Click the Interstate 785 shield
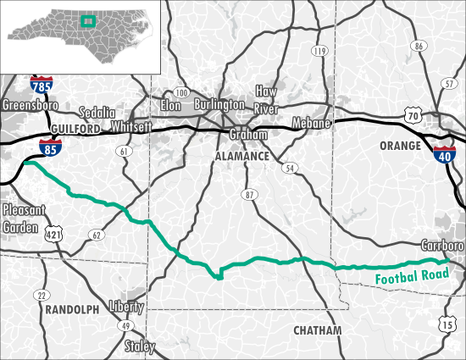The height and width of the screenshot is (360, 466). (x=39, y=85)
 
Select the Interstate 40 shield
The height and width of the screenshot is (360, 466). (x=442, y=152)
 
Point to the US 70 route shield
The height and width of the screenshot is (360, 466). (x=413, y=114)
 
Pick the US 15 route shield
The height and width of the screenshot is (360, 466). (x=447, y=323)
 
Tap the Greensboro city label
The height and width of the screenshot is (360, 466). (x=30, y=106)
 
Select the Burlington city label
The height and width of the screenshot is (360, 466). (x=219, y=105)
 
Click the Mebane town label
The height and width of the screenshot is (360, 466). (x=311, y=123)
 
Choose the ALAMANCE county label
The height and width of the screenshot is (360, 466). (x=241, y=158)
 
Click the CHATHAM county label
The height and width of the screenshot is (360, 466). (x=317, y=330)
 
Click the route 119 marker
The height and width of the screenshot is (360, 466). (x=319, y=52)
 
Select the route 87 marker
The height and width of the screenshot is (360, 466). (x=249, y=195)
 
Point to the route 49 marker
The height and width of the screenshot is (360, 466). (x=126, y=326)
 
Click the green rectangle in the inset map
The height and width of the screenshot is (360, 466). (x=86, y=21)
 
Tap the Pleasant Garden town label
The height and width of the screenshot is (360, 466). (x=21, y=219)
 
